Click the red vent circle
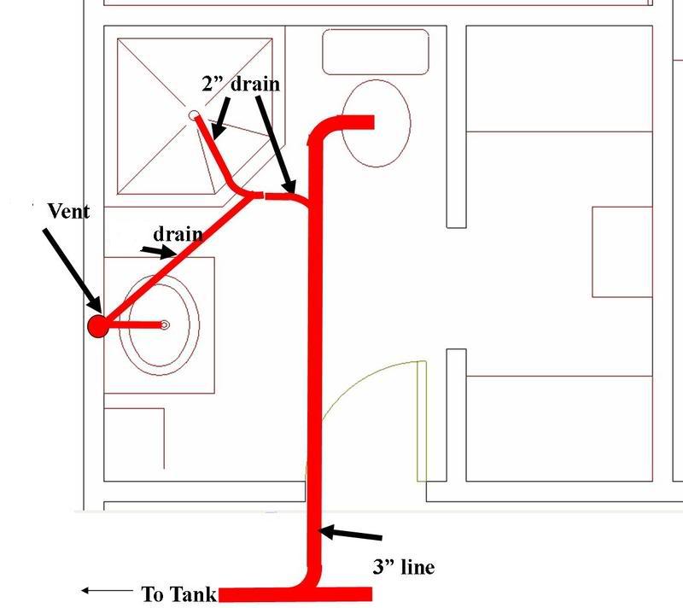click(x=98, y=326)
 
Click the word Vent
click(x=68, y=211)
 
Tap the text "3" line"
click(x=404, y=567)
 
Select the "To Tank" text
click(x=178, y=594)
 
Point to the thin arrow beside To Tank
click(x=107, y=591)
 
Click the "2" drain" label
click(x=241, y=83)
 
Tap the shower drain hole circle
click(x=194, y=115)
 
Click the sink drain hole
click(x=164, y=324)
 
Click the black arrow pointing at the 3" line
click(x=350, y=534)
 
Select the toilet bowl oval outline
click(x=376, y=123)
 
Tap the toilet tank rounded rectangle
click(x=376, y=52)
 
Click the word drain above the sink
click(x=178, y=234)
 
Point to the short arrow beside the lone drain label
click(x=159, y=252)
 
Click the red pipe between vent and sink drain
click(x=134, y=324)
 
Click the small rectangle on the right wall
click(x=622, y=252)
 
